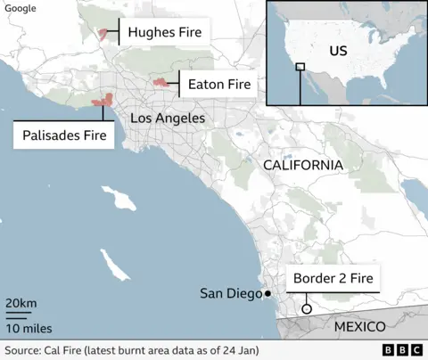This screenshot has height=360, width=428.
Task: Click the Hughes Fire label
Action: click(165, 33)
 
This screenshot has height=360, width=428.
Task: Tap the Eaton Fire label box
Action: click(218, 86)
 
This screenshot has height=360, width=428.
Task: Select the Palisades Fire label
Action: click(63, 135)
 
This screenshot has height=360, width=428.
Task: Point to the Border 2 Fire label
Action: click(333, 279)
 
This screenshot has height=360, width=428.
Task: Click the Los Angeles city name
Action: click(168, 119)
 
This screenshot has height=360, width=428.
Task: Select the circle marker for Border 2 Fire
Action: click(306, 309)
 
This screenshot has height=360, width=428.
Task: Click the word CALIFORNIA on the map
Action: click(302, 166)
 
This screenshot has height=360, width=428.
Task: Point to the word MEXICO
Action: click(359, 327)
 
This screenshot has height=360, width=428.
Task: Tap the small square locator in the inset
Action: click(300, 67)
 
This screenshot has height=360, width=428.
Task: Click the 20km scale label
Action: click(21, 305)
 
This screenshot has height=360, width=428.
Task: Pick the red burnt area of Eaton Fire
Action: click(160, 83)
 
